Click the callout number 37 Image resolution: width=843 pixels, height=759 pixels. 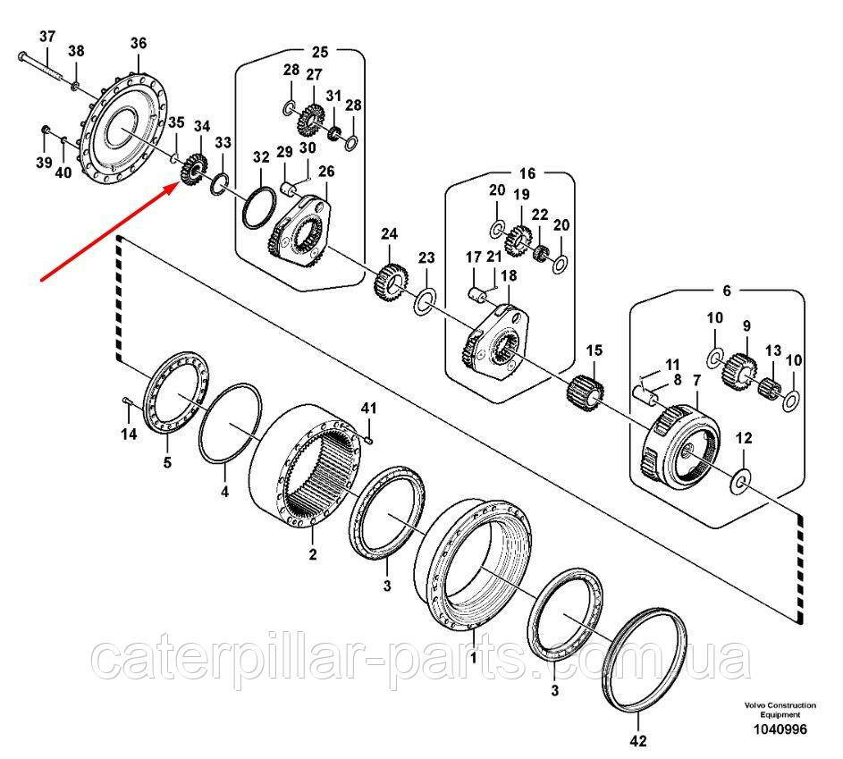47,37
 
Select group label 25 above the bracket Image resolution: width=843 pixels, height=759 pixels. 319,51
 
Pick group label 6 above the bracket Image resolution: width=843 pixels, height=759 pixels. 725,291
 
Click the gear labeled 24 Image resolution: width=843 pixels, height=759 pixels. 389,284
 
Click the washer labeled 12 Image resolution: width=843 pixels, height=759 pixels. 741,483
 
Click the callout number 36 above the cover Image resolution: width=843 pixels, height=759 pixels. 138,43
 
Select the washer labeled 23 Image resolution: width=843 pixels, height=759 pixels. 426,299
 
